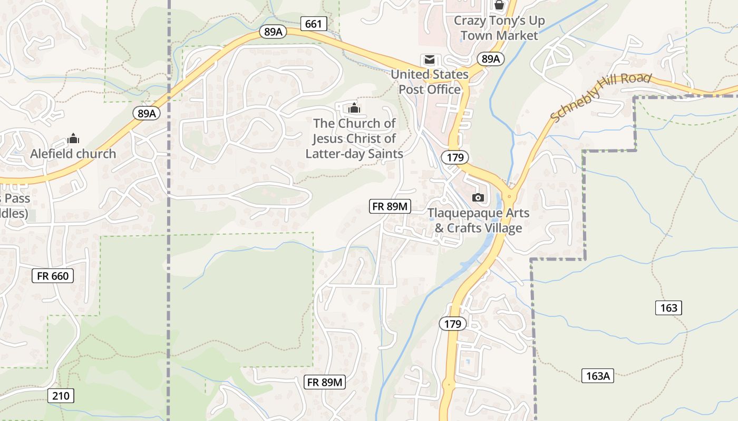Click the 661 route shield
pyautogui.click(x=313, y=24)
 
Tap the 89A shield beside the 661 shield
pyautogui.click(x=273, y=32)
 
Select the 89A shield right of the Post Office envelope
pyautogui.click(x=490, y=58)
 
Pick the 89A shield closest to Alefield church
pyautogui.click(x=147, y=113)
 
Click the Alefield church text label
pyautogui.click(x=73, y=154)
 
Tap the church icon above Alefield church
pyautogui.click(x=73, y=139)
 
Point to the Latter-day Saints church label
pyautogui.click(x=354, y=138)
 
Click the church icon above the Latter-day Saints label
pyautogui.click(x=354, y=108)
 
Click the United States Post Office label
pyautogui.click(x=430, y=82)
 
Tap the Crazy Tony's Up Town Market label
pyautogui.click(x=499, y=28)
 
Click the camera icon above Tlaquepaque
pyautogui.click(x=478, y=197)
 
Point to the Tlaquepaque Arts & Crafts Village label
pyautogui.click(x=478, y=221)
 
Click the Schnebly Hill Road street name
pyautogui.click(x=601, y=98)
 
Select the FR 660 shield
pyautogui.click(x=53, y=275)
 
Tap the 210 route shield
pyautogui.click(x=61, y=395)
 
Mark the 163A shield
pyautogui.click(x=598, y=376)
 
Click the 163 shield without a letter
pyautogui.click(x=668, y=308)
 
